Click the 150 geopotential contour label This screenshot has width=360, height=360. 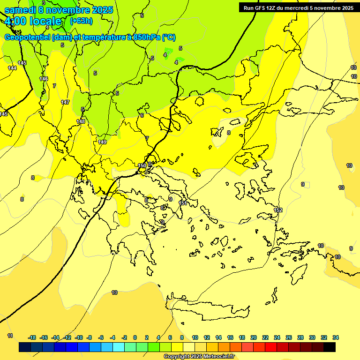click(142, 165)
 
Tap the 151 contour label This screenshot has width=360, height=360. click(183, 203)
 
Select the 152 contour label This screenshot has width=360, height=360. click(278, 210)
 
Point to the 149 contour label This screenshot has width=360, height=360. click(103, 142)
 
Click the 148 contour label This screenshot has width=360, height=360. click(81, 121)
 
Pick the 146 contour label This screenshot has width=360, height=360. click(44, 79)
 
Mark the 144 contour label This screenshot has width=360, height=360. click(12, 68)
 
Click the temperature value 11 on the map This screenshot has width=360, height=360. click(10, 336)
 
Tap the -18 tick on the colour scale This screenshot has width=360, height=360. click(32, 337)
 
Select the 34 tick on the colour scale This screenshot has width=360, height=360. click(336, 337)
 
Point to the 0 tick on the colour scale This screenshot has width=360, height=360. click(135, 337)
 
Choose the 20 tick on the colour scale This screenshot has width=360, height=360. click(254, 337)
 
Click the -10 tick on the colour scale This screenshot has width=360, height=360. click(79, 337)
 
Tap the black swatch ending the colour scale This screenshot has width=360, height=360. click(330, 347)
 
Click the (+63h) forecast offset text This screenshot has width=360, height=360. click(82, 21)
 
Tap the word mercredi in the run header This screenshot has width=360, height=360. click(298, 7)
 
